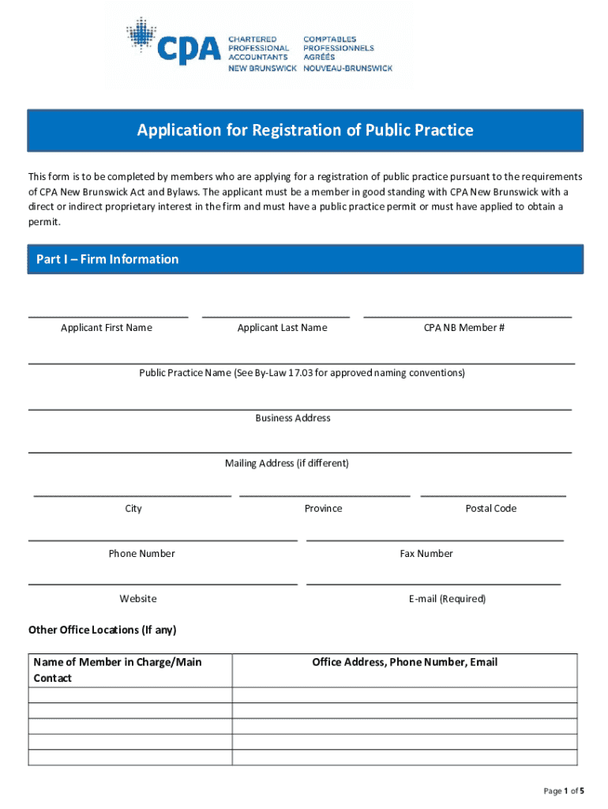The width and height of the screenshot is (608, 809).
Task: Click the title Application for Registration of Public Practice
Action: click(x=305, y=130)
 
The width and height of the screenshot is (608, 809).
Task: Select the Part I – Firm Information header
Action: click(x=107, y=259)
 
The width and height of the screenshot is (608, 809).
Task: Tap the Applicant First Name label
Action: click(x=107, y=328)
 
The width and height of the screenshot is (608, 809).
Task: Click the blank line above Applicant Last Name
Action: click(x=276, y=315)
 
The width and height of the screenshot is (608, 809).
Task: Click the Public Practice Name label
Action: click(x=302, y=373)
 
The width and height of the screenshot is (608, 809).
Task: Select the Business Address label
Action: click(x=293, y=418)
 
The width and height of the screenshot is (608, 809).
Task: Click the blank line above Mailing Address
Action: click(x=300, y=451)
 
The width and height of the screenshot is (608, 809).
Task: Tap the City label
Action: click(x=133, y=509)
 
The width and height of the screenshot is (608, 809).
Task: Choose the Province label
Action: click(x=324, y=509)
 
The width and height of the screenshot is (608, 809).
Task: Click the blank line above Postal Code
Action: click(x=493, y=495)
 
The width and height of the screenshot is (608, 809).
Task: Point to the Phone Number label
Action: click(x=142, y=554)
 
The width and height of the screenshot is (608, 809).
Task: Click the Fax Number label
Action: click(x=426, y=554)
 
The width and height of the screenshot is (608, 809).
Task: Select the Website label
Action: click(x=138, y=599)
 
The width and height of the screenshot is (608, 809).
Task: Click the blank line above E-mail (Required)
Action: click(x=433, y=584)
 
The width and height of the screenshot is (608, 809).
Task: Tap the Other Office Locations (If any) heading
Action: click(x=103, y=630)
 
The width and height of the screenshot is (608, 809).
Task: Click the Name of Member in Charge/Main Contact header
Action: click(x=118, y=670)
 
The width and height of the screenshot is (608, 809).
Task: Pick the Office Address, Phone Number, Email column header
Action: click(x=405, y=662)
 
